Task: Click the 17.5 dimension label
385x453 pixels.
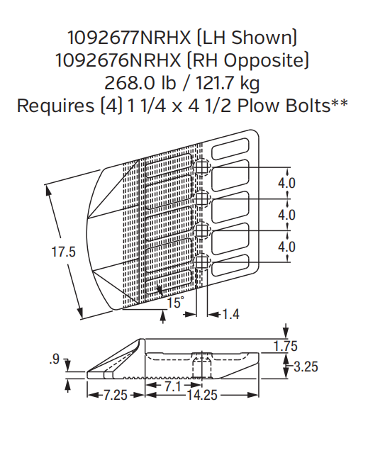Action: pyautogui.click(x=62, y=251)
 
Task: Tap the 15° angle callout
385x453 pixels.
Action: pyautogui.click(x=175, y=303)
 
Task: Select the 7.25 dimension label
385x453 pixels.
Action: pyautogui.click(x=113, y=395)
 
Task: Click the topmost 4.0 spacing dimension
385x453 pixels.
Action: pyautogui.click(x=286, y=183)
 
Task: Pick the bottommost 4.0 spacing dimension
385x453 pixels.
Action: pyautogui.click(x=286, y=247)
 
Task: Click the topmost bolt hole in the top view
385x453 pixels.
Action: pyautogui.click(x=203, y=167)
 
